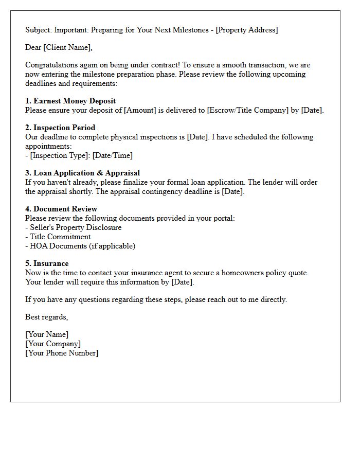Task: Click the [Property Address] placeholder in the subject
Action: [246, 30]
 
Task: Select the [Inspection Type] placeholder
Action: [60, 155]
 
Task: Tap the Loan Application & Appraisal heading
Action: [82, 173]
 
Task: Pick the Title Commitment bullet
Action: [60, 237]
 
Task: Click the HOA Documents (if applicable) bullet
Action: [80, 246]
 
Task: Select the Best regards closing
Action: [46, 317]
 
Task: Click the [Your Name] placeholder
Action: [47, 334]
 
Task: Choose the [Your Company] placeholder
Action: [53, 344]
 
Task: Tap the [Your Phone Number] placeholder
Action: [62, 353]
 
